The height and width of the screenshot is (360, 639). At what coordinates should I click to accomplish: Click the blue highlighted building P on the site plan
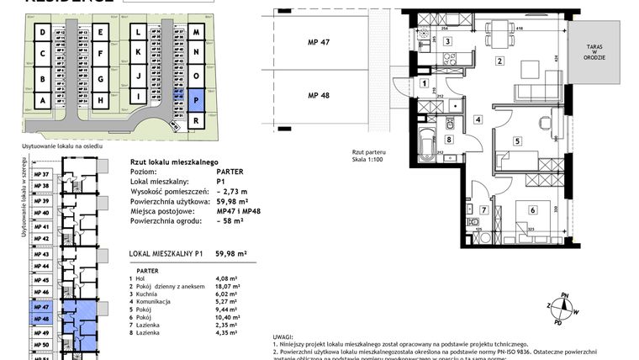click(x=196, y=98)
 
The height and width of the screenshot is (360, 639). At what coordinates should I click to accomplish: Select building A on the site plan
click(x=41, y=99)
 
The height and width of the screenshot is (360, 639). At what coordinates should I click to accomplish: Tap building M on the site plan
click(x=196, y=32)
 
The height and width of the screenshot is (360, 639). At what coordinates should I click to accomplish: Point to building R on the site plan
click(x=196, y=121)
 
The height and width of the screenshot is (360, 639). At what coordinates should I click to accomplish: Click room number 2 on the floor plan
click(x=499, y=61)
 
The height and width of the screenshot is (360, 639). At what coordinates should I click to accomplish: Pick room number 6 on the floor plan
click(x=532, y=210)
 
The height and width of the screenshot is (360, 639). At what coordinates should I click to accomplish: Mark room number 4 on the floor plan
click(x=477, y=119)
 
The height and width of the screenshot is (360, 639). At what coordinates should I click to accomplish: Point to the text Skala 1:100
click(x=367, y=160)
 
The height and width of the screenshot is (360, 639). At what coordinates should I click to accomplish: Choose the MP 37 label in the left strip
click(x=41, y=174)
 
